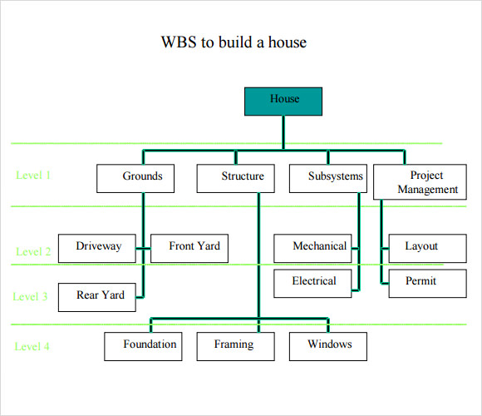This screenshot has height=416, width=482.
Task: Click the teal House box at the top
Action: tap(283, 100)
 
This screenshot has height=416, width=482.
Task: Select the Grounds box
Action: tap(142, 177)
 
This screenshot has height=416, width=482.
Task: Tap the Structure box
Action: tap(242, 177)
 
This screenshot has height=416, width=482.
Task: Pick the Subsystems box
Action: tap(335, 177)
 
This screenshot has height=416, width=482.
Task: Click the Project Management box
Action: tap(426, 182)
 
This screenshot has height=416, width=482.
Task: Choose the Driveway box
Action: tap(98, 247)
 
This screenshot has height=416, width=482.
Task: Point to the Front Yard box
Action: tap(194, 247)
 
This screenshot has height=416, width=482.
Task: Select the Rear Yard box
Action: tap(98, 296)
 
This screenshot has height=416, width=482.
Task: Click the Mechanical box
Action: tap(319, 247)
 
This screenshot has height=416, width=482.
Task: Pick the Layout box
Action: tap(421, 247)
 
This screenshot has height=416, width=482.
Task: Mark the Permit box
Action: tap(421, 282)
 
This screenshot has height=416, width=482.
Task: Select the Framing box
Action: tap(235, 345)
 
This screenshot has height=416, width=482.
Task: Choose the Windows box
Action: tap(329, 345)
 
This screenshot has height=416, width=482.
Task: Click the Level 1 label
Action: tap(33, 176)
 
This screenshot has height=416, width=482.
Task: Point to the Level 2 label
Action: tap(33, 252)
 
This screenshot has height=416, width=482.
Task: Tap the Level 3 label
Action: tap(31, 296)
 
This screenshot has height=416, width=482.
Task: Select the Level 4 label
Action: tap(32, 347)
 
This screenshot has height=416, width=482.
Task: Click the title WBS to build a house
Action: tap(234, 42)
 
